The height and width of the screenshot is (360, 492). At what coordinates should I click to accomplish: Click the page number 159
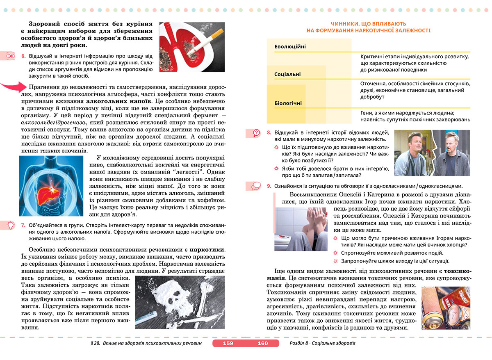(x=228, y=343)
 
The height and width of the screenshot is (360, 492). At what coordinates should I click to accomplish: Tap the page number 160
(x=263, y=343)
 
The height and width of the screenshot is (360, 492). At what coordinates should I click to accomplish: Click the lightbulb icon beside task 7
(x=9, y=224)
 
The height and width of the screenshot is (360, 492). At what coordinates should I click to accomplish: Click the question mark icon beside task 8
(x=256, y=133)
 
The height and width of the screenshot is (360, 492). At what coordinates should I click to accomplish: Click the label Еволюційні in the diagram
(x=290, y=47)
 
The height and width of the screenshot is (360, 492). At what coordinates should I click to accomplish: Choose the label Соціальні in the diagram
(x=287, y=74)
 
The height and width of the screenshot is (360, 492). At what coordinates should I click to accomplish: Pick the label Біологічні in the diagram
(x=288, y=103)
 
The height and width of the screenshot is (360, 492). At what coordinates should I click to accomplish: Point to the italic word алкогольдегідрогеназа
(x=50, y=122)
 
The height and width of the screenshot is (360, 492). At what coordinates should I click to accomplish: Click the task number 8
(x=269, y=132)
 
